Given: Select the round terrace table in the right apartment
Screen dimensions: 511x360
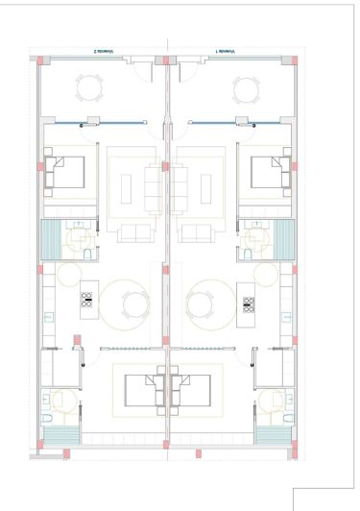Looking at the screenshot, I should [244, 88].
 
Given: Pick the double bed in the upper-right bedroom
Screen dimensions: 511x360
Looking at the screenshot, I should [270, 174].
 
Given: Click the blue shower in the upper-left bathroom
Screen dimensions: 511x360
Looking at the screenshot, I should [51, 236].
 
